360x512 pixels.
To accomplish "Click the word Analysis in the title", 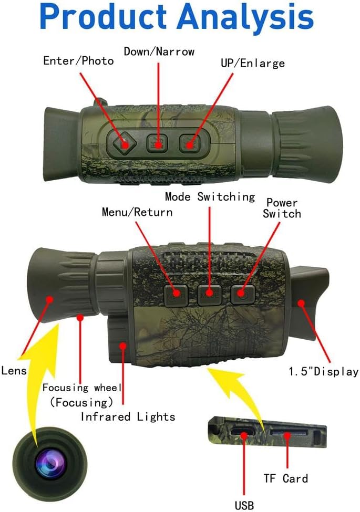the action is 245,17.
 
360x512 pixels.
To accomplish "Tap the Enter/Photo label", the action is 78,61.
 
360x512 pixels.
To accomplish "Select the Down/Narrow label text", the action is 159,51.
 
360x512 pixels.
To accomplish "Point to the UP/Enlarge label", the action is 252,63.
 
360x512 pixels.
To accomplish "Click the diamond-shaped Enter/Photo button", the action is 124,143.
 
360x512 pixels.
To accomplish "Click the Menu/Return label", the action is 137,212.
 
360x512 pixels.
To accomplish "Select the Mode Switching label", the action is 210,197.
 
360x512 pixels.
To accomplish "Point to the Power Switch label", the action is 282,208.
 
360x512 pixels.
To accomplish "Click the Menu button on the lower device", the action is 176,295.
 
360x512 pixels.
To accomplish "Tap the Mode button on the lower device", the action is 209,295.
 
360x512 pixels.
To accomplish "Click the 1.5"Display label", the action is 323,372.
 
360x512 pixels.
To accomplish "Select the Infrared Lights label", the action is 128,416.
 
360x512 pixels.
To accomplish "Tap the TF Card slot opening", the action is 289,433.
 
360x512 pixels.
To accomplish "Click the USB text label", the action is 244,505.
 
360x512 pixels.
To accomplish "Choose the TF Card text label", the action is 286,479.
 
